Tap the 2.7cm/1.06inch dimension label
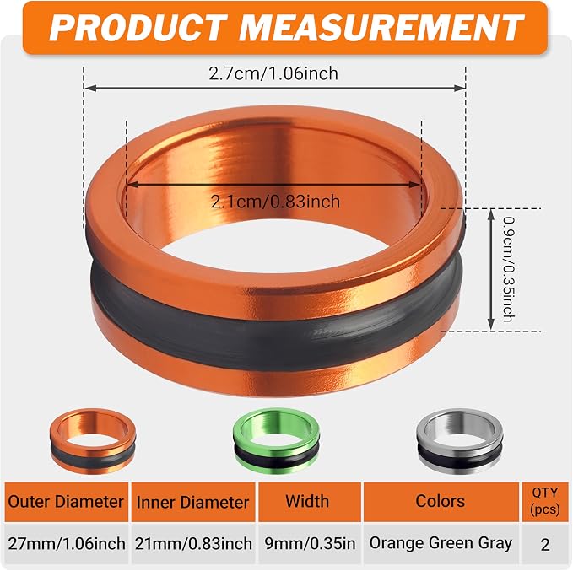coord(273,73)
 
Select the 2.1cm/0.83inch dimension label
coord(276,202)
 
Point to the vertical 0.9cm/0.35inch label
coord(509,269)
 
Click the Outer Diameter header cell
coord(66,502)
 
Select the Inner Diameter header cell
coord(193,502)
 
